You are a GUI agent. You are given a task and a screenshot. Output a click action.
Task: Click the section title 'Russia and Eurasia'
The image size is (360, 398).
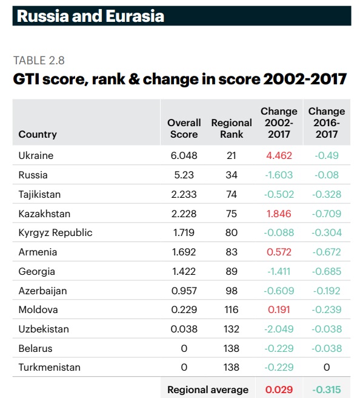[90, 15]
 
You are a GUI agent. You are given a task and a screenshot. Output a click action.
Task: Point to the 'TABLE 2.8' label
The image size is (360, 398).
[39, 60]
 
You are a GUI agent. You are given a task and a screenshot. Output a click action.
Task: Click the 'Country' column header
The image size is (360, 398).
[38, 134]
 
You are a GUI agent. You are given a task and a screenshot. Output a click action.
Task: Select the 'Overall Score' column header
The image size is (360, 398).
[184, 129]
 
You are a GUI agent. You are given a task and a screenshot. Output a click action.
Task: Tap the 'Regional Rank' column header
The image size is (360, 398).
[231, 129]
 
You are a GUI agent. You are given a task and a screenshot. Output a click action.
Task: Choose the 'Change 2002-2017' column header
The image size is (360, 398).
[279, 123]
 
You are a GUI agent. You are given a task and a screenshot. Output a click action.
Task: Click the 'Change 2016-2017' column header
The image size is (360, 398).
[327, 123]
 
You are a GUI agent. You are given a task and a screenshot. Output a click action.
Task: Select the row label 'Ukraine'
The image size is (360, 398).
[36, 155]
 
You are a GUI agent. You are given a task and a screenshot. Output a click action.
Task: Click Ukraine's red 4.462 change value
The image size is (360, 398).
[279, 155]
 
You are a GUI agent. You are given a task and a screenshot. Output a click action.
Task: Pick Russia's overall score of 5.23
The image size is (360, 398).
[184, 175]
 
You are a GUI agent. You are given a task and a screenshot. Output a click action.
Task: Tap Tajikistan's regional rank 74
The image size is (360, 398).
[231, 194]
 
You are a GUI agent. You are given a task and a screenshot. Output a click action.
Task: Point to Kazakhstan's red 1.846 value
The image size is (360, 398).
[279, 214]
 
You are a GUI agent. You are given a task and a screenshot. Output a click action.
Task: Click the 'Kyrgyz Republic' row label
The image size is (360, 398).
[55, 233]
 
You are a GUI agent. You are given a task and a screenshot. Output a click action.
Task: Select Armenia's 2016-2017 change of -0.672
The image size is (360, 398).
[327, 252]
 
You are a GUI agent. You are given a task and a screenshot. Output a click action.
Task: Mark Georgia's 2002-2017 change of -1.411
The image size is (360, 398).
[279, 271]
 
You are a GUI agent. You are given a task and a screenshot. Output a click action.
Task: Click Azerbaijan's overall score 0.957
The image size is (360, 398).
[184, 291]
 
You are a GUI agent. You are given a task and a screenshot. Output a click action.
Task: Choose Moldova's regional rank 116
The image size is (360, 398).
[231, 310]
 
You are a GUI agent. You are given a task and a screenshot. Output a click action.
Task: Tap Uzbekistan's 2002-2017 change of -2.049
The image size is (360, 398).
[279, 329]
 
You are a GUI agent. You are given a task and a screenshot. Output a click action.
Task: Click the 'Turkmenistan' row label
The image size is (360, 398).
[49, 368]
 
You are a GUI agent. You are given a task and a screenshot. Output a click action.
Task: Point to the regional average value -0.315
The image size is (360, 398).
[327, 390]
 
